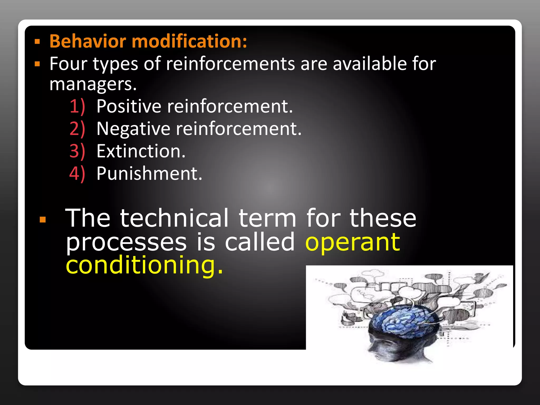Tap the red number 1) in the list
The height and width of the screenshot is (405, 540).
(x=77, y=106)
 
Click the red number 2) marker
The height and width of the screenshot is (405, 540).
(x=77, y=129)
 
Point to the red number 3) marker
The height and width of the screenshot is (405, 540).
(x=77, y=151)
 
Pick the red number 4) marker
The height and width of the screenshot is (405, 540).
(x=77, y=173)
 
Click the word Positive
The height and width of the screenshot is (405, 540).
(x=129, y=106)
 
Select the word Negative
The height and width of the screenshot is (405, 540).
(x=133, y=129)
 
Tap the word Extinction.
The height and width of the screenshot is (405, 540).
(x=141, y=151)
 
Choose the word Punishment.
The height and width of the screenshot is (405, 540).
(x=149, y=173)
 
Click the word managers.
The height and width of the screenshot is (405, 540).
(x=93, y=84)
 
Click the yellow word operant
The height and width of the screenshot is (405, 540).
(x=353, y=243)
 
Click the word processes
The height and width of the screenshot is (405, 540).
(x=126, y=243)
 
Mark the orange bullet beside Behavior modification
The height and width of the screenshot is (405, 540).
(x=37, y=42)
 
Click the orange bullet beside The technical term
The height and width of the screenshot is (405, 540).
(x=42, y=219)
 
